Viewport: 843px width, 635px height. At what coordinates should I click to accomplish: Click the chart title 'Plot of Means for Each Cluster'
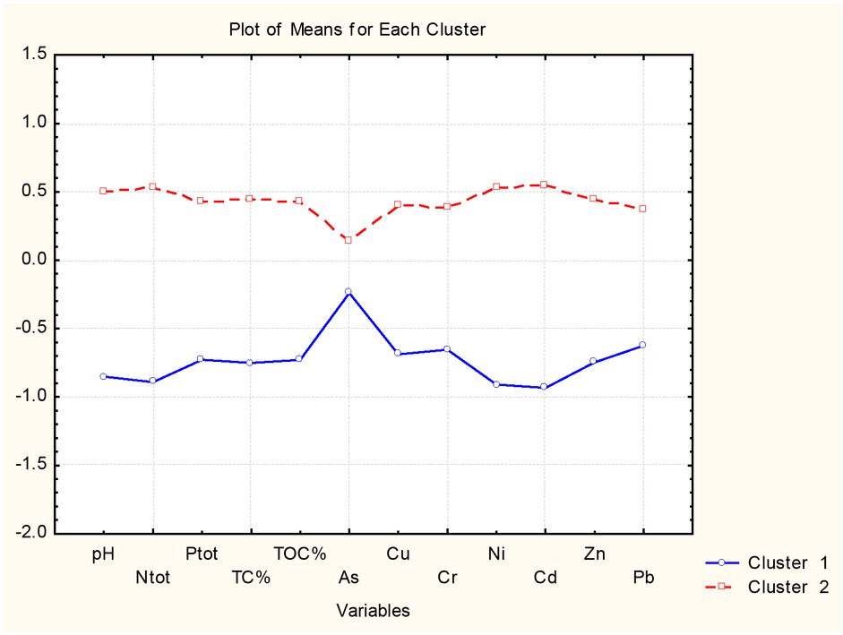(x=357, y=30)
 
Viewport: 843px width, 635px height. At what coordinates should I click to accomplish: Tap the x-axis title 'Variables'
(x=373, y=611)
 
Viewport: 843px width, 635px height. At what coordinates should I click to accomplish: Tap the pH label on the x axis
(x=103, y=553)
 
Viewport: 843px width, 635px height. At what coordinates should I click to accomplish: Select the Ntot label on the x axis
(x=152, y=578)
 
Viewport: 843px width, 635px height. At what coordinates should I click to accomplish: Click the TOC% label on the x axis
(x=299, y=553)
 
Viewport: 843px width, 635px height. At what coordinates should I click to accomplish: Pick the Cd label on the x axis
(x=545, y=578)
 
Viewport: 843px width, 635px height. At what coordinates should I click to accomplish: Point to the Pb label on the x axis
(x=642, y=578)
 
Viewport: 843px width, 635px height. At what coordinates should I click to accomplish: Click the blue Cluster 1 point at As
(x=348, y=292)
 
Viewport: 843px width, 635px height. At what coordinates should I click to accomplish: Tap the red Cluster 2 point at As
(x=348, y=240)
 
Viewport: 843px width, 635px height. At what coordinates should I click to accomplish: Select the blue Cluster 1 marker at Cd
(x=544, y=387)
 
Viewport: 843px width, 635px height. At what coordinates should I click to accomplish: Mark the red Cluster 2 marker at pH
(x=103, y=191)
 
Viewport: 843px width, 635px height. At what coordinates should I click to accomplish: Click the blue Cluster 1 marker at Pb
(x=642, y=345)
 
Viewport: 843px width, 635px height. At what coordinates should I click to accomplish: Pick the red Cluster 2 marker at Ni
(x=495, y=186)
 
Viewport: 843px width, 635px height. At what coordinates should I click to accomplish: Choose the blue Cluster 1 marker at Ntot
(x=152, y=381)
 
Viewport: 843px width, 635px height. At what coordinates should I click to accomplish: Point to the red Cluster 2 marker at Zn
(x=593, y=198)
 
